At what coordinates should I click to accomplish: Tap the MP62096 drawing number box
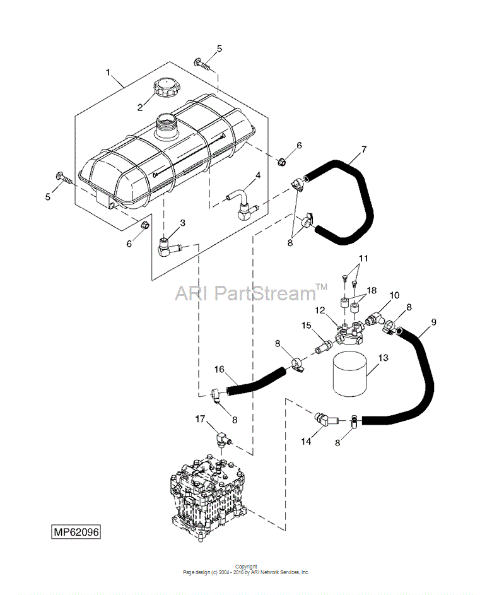[x=76, y=532]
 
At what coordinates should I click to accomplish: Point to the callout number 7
[x=364, y=150]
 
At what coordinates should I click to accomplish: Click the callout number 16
[x=220, y=369]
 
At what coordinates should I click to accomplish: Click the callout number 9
[x=433, y=322]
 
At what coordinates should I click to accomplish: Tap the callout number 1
[x=108, y=72]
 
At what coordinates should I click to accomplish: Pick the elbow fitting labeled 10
[x=374, y=319]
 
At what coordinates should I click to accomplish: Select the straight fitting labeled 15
[x=323, y=342]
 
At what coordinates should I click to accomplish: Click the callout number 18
[x=372, y=290]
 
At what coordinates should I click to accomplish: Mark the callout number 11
[x=363, y=259]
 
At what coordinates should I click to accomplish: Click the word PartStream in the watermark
[x=266, y=293]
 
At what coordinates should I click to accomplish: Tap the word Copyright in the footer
[x=246, y=567]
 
